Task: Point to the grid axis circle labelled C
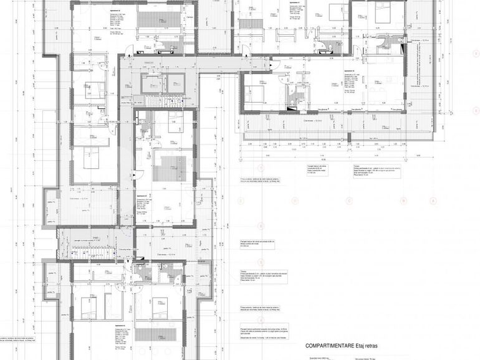(349, 201)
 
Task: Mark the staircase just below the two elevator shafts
(163, 102)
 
